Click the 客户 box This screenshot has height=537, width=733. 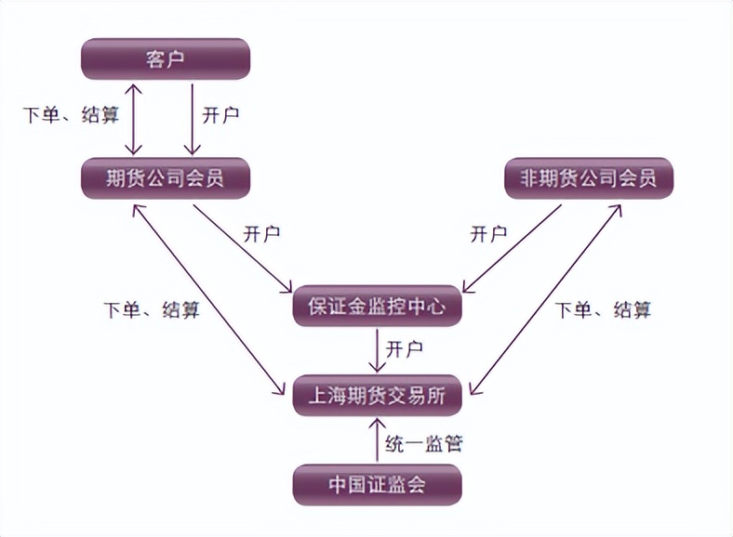[166, 59]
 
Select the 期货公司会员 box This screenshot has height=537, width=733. [166, 177]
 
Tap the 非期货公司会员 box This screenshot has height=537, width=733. [588, 177]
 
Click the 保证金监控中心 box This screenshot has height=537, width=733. [377, 306]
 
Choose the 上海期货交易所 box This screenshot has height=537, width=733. [377, 397]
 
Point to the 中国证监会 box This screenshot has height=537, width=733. [377, 484]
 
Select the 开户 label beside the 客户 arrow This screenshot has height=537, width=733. [221, 115]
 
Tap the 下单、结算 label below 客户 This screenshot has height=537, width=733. [71, 115]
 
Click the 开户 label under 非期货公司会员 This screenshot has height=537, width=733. [488, 233]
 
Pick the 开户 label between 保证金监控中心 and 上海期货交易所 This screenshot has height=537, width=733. [406, 349]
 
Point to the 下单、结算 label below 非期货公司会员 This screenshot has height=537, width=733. [604, 309]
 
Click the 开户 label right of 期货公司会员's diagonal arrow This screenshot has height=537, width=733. [261, 233]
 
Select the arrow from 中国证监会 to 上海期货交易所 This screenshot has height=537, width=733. [378, 440]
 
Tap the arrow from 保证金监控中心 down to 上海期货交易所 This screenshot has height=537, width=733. [378, 351]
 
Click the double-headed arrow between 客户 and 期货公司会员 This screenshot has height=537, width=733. [135, 119]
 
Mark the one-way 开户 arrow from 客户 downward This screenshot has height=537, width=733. [192, 119]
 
